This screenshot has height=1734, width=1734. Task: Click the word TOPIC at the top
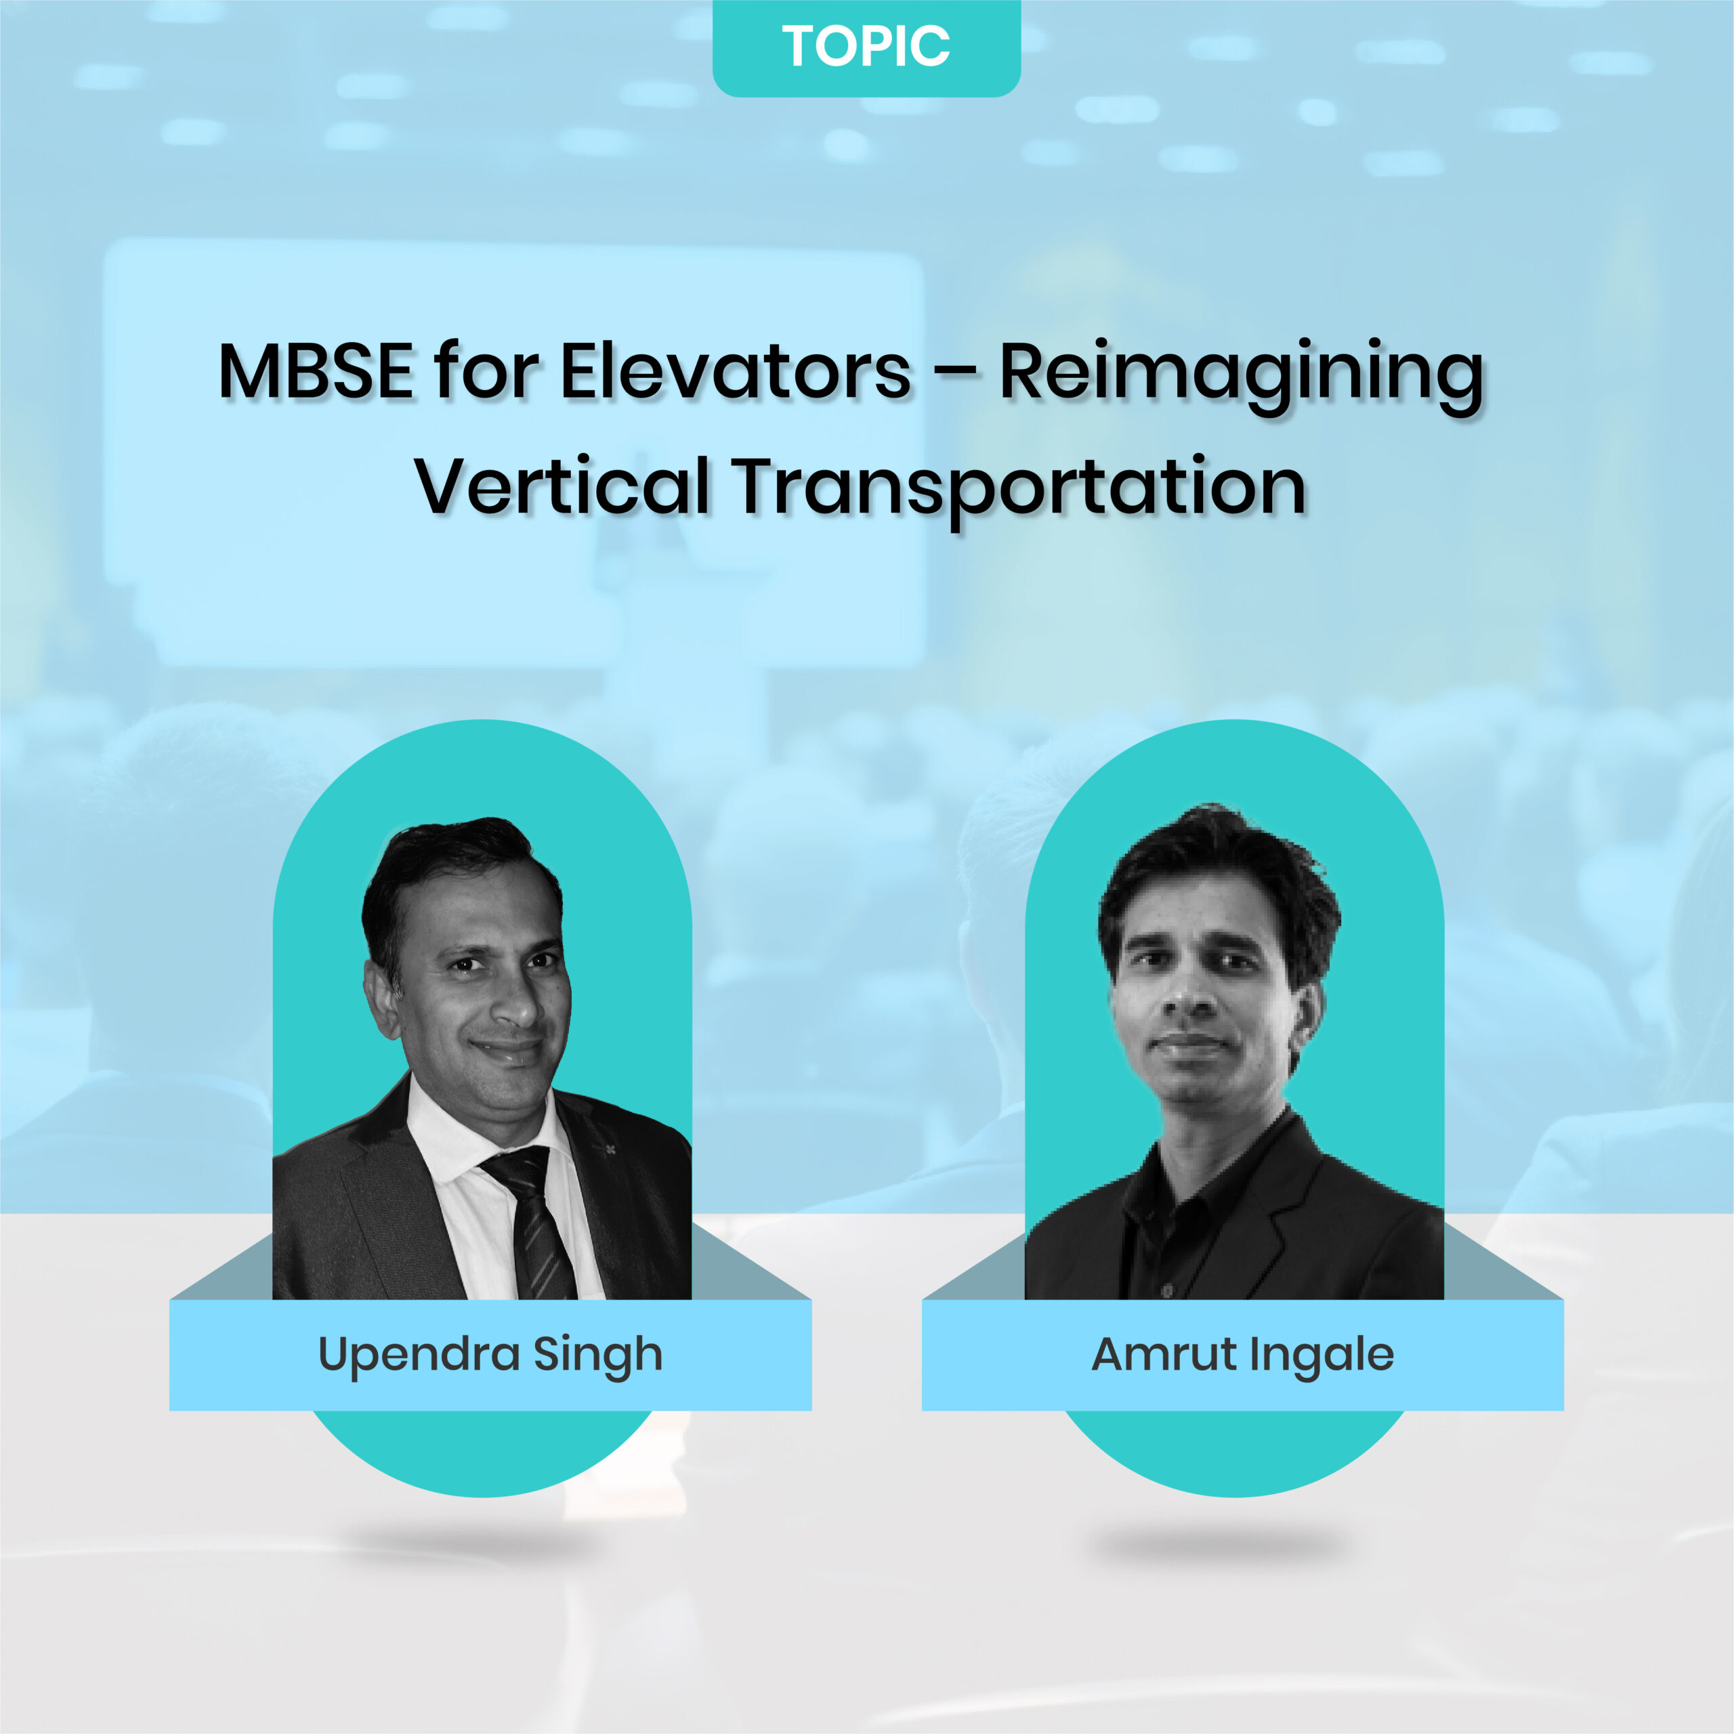coord(866,46)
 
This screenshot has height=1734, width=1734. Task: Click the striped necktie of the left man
coord(530,1226)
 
